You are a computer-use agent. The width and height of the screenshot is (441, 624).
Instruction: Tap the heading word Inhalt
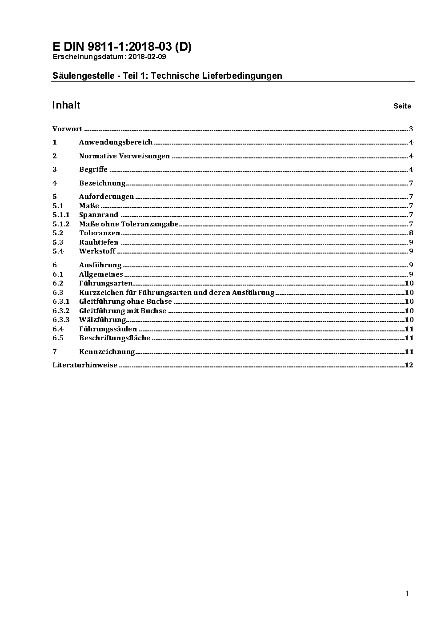(x=66, y=105)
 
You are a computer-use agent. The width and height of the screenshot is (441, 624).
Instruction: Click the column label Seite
(x=402, y=106)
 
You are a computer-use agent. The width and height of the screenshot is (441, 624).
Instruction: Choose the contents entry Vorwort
(x=67, y=129)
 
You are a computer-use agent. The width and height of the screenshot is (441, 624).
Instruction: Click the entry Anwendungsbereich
(x=116, y=142)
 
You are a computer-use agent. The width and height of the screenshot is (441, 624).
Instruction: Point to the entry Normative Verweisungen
(x=124, y=156)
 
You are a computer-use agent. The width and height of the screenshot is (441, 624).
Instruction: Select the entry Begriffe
(x=93, y=169)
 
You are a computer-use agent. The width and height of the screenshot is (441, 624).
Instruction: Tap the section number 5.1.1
(x=61, y=215)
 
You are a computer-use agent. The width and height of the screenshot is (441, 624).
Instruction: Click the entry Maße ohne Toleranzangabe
(x=129, y=224)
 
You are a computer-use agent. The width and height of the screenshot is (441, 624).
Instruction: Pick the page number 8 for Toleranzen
(x=411, y=233)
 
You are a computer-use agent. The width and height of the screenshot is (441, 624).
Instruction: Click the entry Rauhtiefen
(x=99, y=242)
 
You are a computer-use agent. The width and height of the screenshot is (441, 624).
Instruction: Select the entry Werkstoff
(x=97, y=251)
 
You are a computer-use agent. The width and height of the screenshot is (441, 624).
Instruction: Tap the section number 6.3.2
(x=61, y=311)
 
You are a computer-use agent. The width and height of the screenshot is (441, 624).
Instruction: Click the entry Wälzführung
(x=103, y=320)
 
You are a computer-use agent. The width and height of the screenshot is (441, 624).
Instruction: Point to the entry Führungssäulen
(x=108, y=329)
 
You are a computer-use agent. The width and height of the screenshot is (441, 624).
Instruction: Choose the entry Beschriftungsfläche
(x=115, y=338)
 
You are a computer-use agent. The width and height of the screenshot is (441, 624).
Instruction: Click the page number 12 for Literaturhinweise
(x=409, y=365)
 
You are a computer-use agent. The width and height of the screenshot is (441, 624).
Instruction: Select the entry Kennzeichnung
(x=107, y=352)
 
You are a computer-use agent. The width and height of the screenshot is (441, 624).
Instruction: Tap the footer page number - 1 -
(x=407, y=593)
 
